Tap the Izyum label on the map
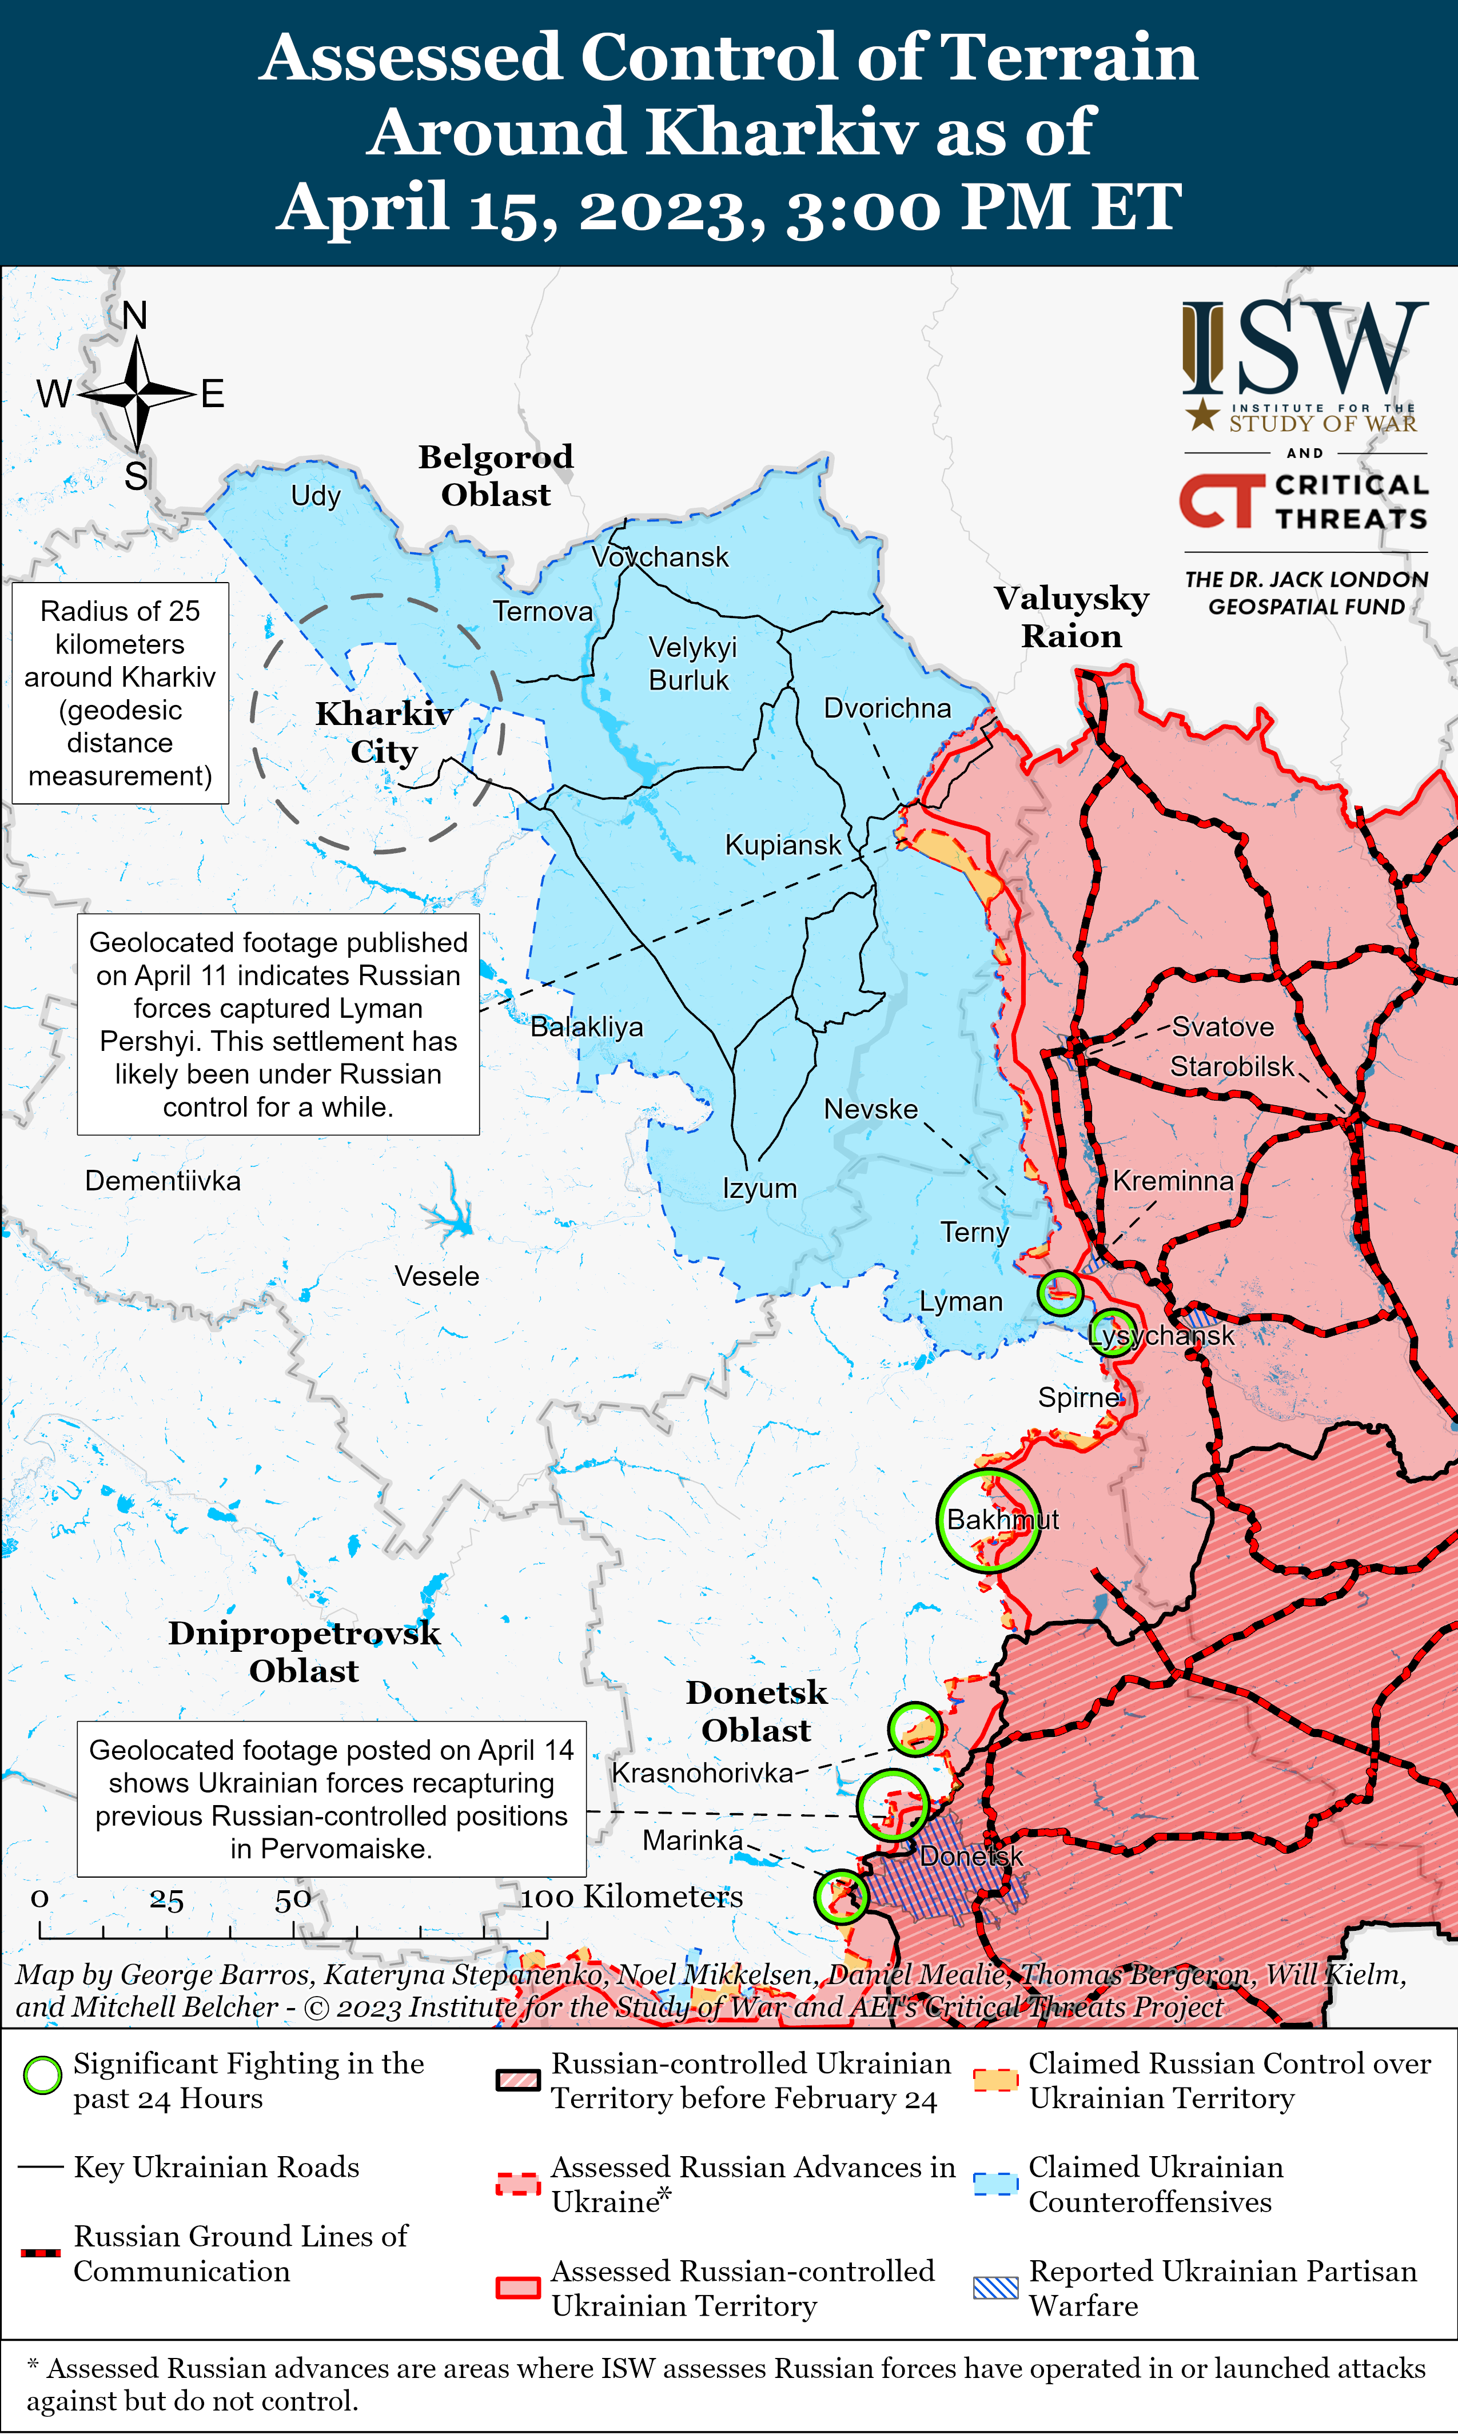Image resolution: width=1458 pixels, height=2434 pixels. [759, 1189]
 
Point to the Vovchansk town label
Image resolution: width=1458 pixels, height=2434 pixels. [660, 557]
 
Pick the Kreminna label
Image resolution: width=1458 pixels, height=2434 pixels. [1173, 1181]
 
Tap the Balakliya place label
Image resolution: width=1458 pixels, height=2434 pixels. [587, 1027]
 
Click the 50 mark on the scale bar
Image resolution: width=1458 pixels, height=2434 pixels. [293, 1899]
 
